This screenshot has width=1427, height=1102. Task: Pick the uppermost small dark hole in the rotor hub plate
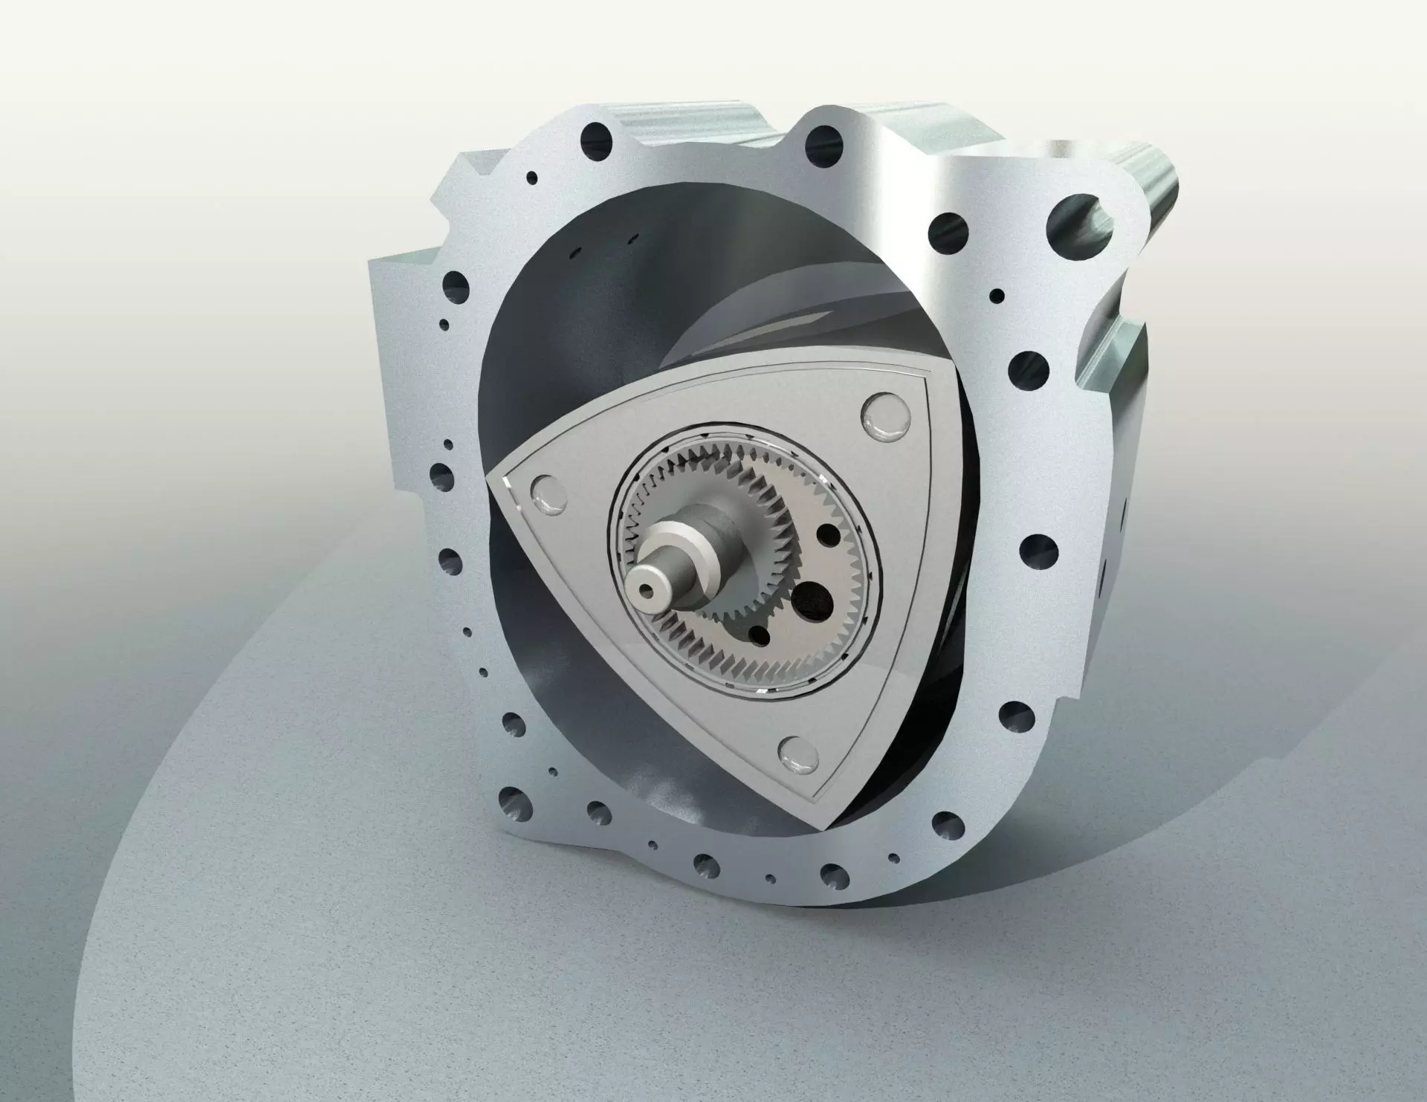click(x=824, y=532)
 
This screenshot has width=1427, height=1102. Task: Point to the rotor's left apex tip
click(x=491, y=477)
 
